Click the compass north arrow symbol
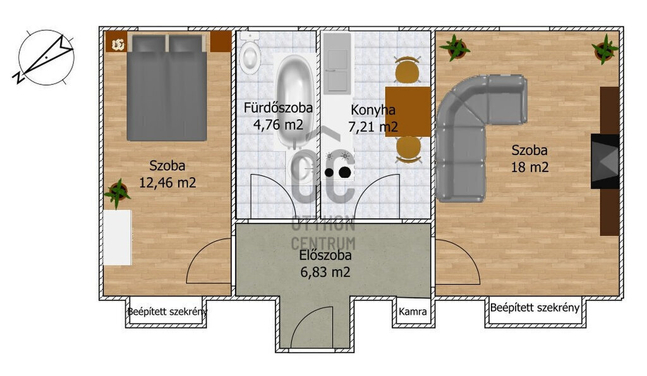46,57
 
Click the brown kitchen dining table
408,112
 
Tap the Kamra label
413,312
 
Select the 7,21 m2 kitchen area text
373,127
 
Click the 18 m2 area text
530,167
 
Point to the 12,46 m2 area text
167,182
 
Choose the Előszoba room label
325,256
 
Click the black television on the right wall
605,161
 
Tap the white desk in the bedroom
118,238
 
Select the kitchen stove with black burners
338,165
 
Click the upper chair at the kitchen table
408,69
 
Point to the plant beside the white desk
117,192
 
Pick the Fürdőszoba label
278,108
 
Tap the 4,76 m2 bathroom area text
278,124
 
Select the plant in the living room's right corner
605,49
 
